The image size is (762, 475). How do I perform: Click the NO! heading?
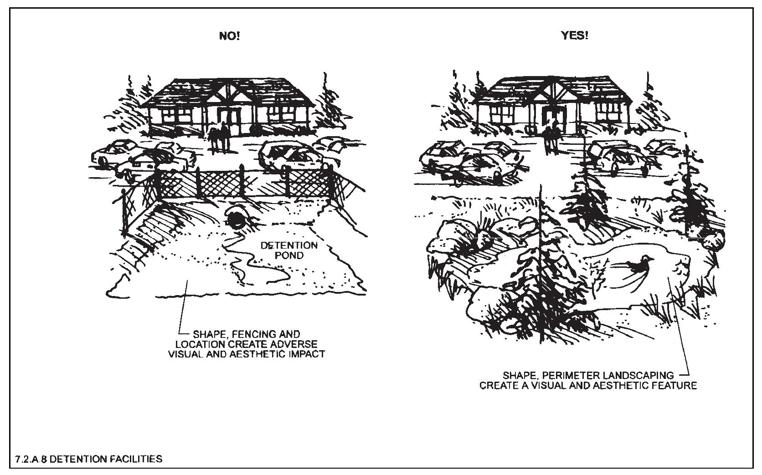[x=229, y=36]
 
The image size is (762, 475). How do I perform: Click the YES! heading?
[x=574, y=36]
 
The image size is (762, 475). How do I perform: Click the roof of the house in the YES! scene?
[x=553, y=90]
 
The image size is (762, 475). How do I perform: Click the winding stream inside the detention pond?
[x=260, y=269]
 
